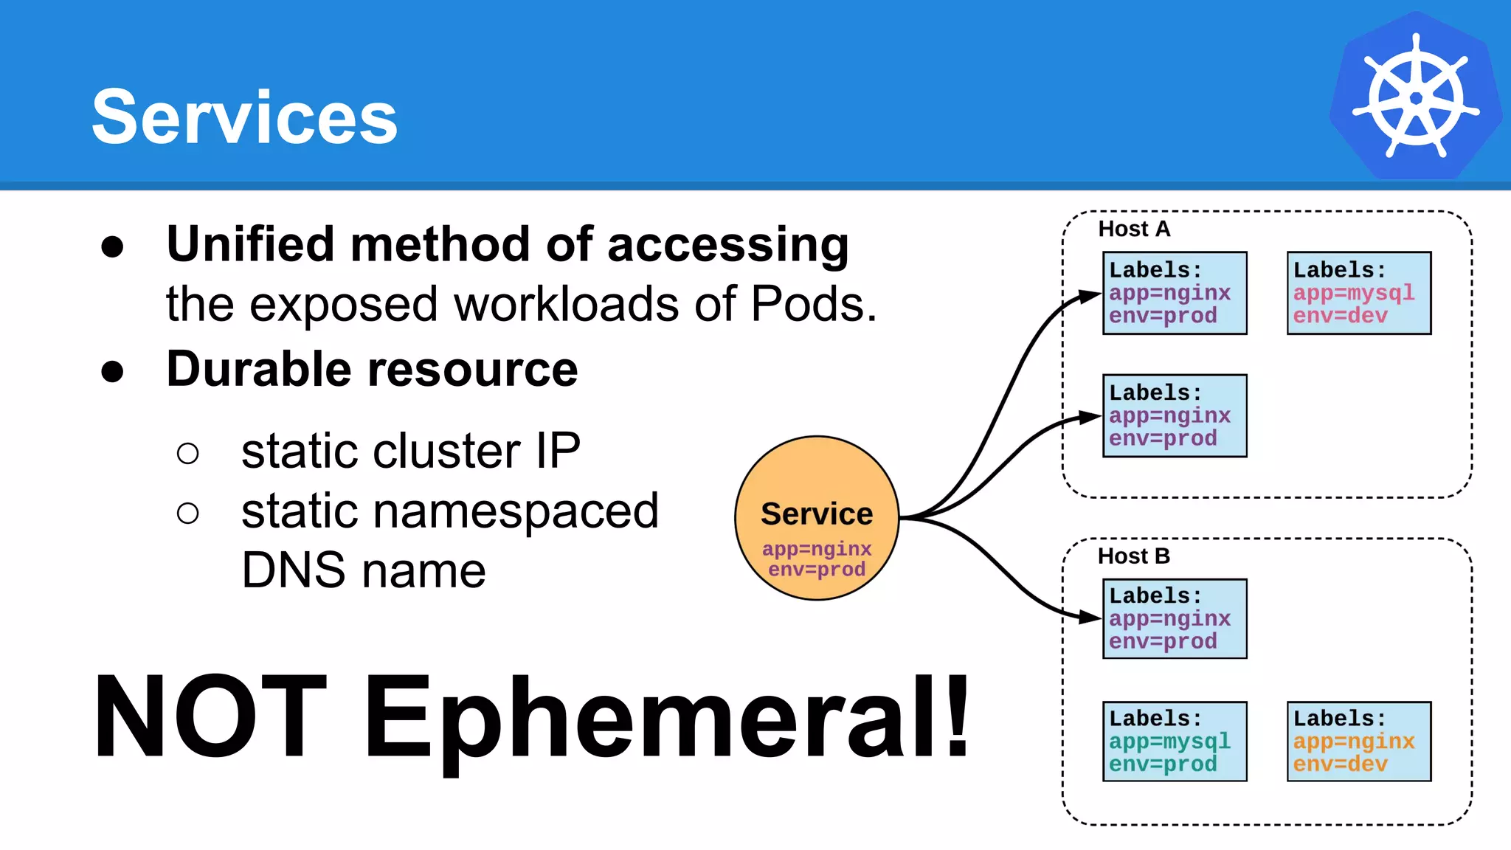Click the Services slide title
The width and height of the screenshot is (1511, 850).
[x=244, y=117]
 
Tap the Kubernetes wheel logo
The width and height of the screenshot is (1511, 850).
[x=1415, y=97]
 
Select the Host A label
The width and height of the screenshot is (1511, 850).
[x=1134, y=229]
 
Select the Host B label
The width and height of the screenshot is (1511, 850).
[x=1134, y=556]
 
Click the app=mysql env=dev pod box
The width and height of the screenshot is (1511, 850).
[x=1358, y=293]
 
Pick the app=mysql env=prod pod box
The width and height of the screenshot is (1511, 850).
[x=1174, y=741]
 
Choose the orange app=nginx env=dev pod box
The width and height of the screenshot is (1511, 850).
[x=1358, y=741]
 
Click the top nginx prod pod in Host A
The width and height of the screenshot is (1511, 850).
[x=1174, y=293]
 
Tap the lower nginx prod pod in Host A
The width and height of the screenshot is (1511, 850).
[x=1174, y=415]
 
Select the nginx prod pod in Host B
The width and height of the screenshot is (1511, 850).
[x=1174, y=618]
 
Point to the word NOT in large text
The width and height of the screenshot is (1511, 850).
[x=210, y=717]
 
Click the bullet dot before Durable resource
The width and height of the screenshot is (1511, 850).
[x=112, y=371]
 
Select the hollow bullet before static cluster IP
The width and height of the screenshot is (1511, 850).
[x=188, y=453]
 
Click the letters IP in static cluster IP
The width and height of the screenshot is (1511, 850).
[x=558, y=451]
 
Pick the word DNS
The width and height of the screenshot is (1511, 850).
[x=294, y=570]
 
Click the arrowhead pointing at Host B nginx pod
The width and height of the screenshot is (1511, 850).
[x=1090, y=617]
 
